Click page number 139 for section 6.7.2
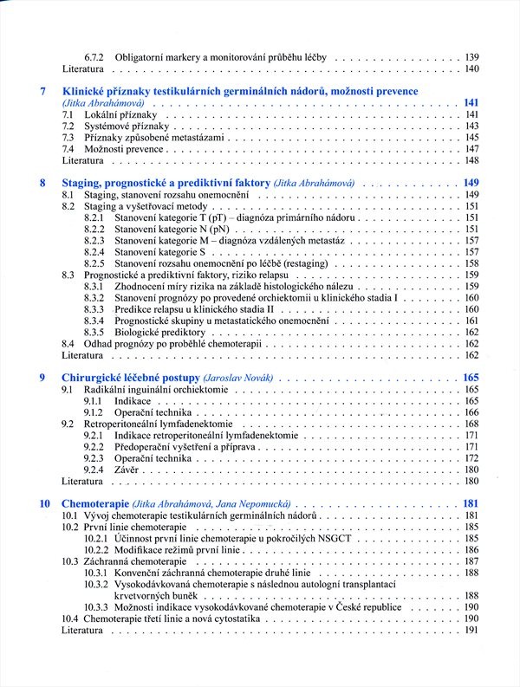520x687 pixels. click(471, 56)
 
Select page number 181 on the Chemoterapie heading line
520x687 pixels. click(471, 503)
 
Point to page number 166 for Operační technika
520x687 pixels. click(471, 413)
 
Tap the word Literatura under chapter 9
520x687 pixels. click(83, 480)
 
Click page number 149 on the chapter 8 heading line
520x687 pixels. click(471, 183)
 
